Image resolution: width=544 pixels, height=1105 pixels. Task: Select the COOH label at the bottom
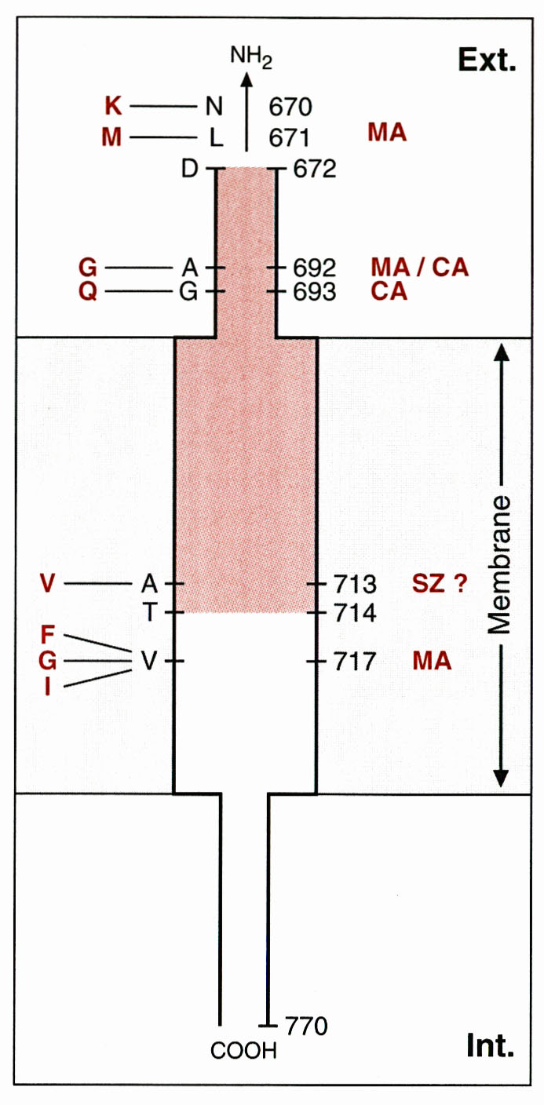point(243,1050)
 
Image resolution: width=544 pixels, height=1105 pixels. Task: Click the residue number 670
point(290,106)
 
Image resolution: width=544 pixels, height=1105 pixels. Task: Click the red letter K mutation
point(113,106)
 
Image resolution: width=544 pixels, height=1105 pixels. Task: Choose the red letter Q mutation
point(87,292)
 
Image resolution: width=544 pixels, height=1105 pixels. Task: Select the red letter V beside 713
point(48,583)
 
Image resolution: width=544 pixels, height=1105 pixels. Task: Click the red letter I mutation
point(48,687)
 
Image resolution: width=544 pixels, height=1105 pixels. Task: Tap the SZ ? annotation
point(440,583)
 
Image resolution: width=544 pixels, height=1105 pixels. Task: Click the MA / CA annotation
point(419,268)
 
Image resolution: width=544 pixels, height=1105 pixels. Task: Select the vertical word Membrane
point(498,565)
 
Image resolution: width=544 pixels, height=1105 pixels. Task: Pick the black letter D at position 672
point(189,169)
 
